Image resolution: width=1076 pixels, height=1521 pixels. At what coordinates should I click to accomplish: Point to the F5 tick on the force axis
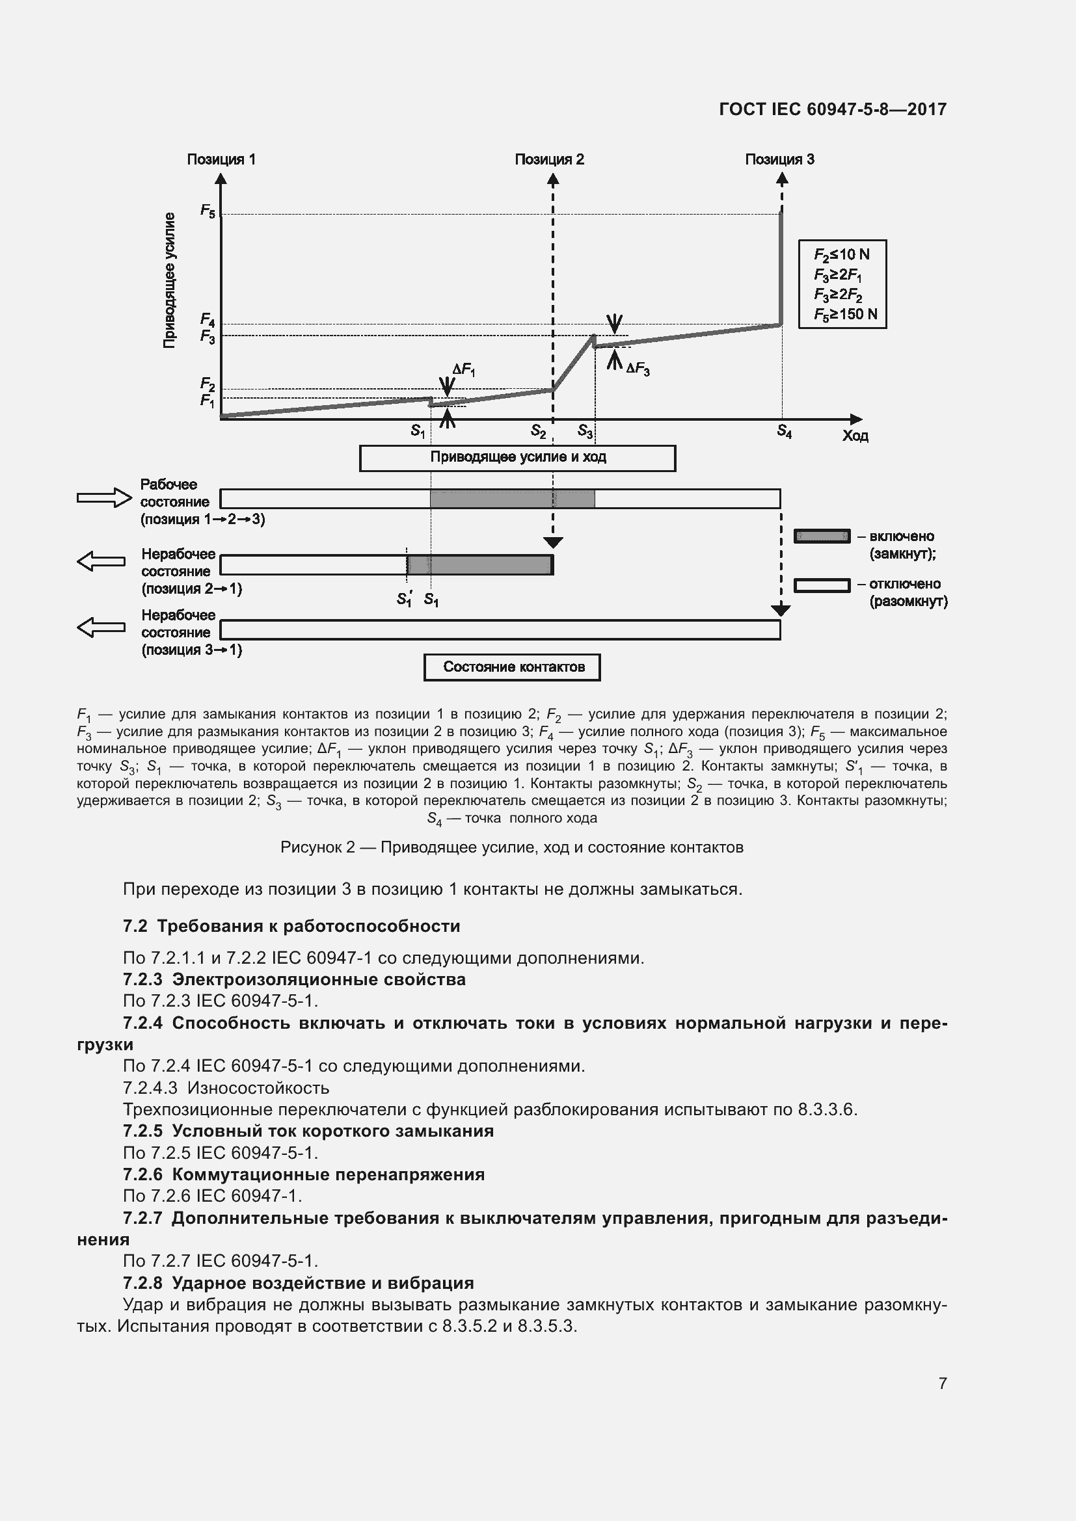click(x=208, y=211)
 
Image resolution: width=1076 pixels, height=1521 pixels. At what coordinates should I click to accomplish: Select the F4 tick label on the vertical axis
click(x=208, y=321)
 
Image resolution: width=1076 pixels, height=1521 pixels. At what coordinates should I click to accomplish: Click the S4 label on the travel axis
click(x=784, y=432)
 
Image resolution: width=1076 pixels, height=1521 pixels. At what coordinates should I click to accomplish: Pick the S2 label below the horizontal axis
click(x=538, y=432)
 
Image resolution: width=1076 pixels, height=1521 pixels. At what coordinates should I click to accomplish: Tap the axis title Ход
click(x=855, y=436)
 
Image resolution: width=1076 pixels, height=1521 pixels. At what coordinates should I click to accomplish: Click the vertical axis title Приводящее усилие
click(x=170, y=280)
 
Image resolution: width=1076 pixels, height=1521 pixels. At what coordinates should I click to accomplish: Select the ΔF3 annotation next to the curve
click(x=638, y=369)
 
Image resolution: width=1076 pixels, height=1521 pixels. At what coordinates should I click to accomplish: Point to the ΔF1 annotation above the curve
click(x=463, y=370)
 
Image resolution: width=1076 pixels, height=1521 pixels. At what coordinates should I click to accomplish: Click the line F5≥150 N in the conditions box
click(x=846, y=314)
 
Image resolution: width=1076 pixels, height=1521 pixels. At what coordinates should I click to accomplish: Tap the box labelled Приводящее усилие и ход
click(x=517, y=458)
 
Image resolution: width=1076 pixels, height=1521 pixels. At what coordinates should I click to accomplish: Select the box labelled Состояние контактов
click(x=512, y=667)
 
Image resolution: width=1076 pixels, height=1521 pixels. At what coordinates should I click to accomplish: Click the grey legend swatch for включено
click(x=822, y=536)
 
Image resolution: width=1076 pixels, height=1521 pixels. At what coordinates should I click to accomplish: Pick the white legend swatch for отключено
click(x=822, y=585)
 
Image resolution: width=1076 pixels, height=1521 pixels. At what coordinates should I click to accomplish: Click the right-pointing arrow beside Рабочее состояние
click(x=104, y=497)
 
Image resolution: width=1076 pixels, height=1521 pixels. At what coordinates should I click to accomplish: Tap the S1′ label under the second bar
click(x=404, y=599)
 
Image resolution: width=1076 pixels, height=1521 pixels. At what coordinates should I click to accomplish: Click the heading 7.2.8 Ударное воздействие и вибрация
click(x=298, y=1283)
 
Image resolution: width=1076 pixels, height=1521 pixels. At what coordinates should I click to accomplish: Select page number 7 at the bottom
click(x=942, y=1383)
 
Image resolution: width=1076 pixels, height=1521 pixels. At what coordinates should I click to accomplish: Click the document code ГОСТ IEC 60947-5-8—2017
click(x=832, y=109)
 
